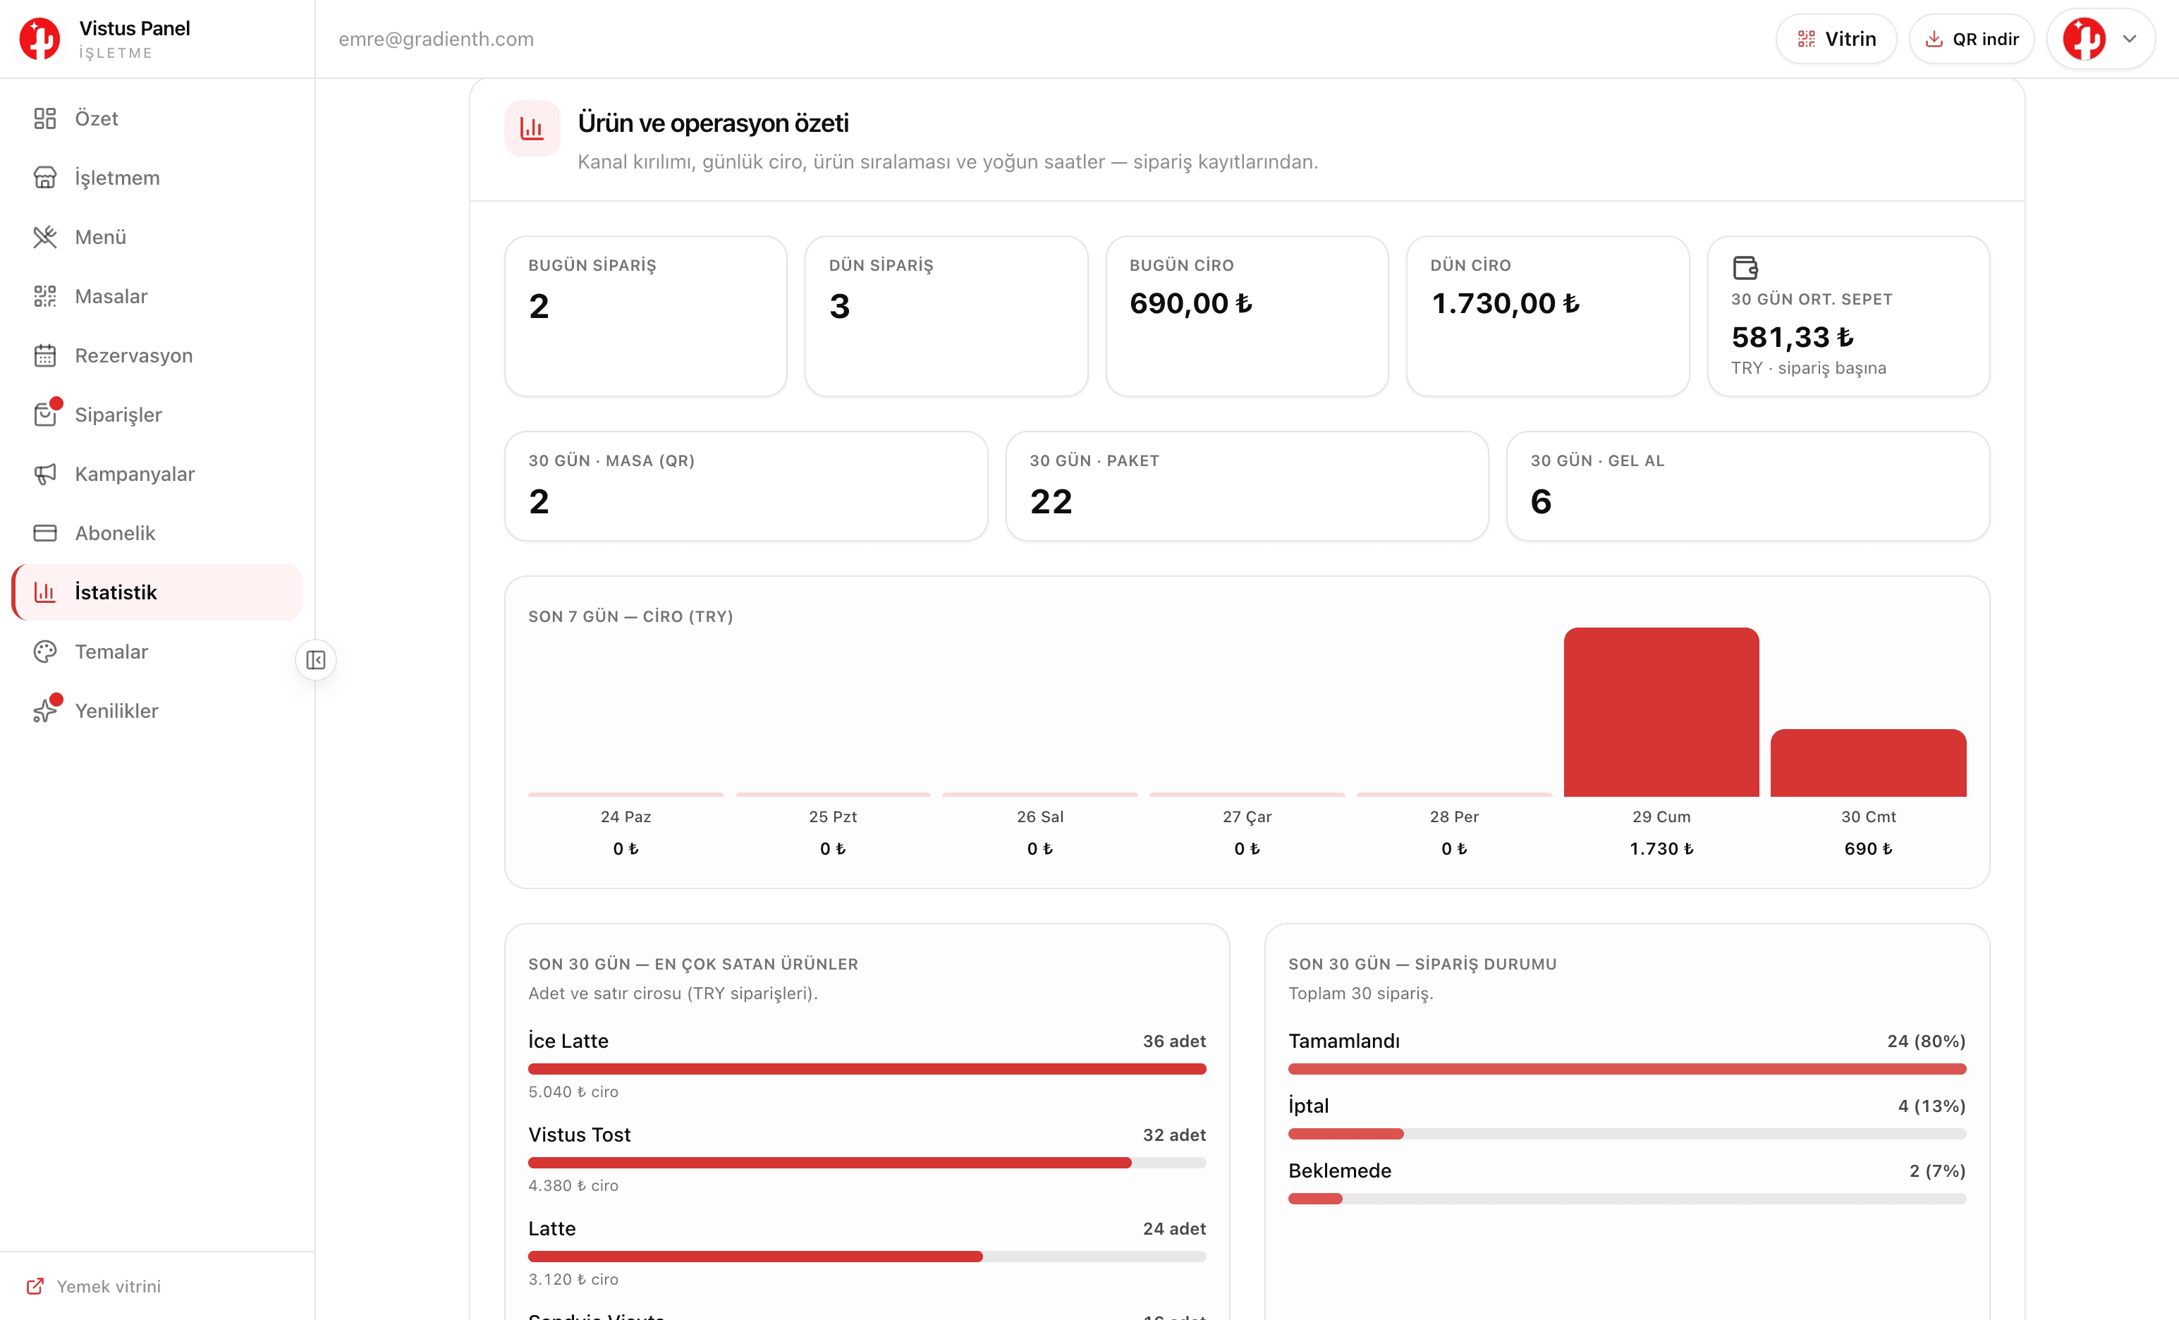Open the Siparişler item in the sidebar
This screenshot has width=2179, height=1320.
118,415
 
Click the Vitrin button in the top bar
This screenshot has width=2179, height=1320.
1836,39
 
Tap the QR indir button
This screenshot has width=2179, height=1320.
1971,39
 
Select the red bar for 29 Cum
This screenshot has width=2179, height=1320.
1661,711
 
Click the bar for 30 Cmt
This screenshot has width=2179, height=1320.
1868,763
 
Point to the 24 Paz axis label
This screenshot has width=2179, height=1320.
625,816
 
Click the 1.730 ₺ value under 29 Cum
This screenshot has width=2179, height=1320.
1661,849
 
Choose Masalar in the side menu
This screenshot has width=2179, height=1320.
111,296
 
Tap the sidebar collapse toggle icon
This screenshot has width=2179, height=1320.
316,659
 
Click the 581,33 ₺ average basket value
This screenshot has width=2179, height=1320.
1792,337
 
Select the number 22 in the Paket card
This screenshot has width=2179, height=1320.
1051,501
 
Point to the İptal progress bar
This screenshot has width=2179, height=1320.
1626,1133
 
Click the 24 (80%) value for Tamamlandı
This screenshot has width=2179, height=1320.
1926,1041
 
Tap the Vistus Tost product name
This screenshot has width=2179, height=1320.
579,1135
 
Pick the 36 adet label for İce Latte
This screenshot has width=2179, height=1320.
1173,1041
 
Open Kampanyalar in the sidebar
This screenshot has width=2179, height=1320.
135,474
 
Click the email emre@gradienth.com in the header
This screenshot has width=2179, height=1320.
436,39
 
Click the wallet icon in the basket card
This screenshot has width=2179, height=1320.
1745,267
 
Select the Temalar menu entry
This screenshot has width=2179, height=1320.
111,652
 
